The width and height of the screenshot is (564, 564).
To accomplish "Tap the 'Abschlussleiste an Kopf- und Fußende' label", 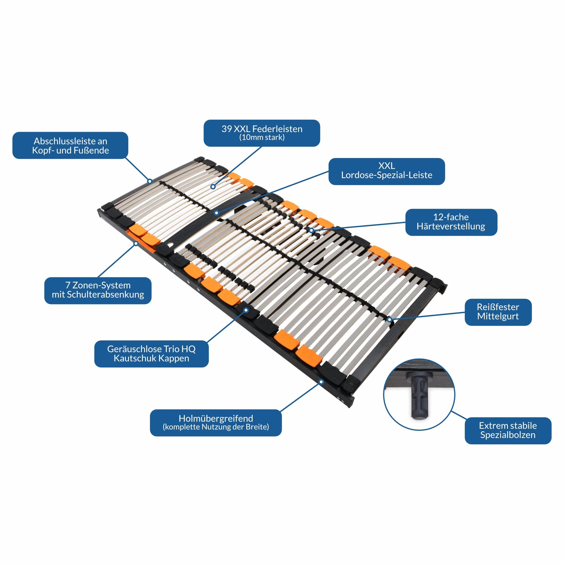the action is point(70,145).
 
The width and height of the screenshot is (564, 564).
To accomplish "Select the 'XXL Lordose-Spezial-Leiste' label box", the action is point(387,172).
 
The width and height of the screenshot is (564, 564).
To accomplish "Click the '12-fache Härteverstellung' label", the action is point(451,222).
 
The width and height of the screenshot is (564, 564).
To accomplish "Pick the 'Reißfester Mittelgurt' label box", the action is point(498,312).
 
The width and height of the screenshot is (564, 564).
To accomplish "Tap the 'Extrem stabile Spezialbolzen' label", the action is point(508,430).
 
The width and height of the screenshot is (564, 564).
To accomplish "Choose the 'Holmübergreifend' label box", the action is point(216,423).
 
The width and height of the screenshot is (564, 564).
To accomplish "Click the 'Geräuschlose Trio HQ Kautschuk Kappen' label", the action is point(152,354).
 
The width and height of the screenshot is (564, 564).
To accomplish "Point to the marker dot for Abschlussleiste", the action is point(150,181).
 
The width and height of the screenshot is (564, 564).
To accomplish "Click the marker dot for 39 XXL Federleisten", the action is point(213,186).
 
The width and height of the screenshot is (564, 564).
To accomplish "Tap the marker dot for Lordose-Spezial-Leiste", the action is point(216,213).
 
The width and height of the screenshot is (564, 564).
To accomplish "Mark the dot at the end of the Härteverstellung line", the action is point(311,230).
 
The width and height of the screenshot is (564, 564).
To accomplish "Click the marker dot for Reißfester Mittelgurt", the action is point(389,320).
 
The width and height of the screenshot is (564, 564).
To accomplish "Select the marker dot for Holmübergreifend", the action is point(321,382).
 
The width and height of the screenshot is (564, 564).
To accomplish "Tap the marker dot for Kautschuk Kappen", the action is point(246,310).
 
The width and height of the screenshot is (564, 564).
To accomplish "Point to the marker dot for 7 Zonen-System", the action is point(136,243).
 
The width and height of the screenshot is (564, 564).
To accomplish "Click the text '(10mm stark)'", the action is point(262,138).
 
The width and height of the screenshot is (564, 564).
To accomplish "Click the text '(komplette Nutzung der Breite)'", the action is point(216,427).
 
